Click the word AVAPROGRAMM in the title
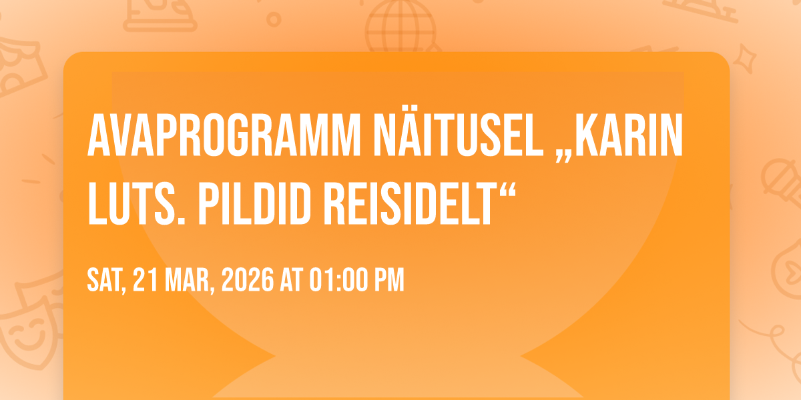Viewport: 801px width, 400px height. pos(224,135)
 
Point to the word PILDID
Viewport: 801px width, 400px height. pos(254,204)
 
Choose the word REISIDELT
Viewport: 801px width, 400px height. pos(409,204)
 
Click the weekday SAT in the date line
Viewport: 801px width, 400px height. pos(107,281)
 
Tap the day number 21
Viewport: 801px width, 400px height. pos(146,279)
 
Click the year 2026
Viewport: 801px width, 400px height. pos(248,279)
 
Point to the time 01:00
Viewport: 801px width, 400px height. pos(338,279)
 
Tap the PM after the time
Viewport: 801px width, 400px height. pos(389,279)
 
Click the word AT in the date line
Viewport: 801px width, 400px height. pos(292,279)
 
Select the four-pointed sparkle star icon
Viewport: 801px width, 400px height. pos(744,58)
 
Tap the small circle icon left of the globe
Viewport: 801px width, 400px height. pos(274,19)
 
